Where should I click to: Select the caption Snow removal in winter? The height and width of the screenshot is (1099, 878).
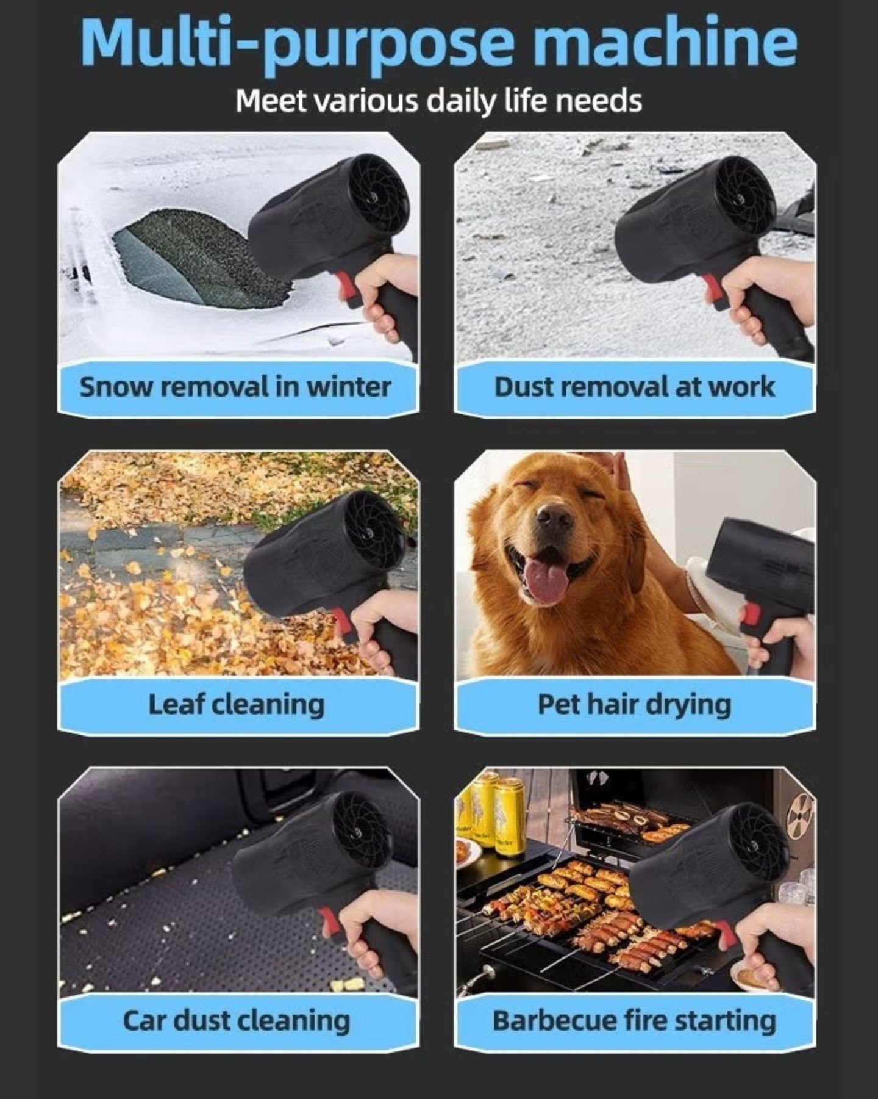pos(235,387)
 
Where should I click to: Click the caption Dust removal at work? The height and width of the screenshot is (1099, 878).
pos(634,387)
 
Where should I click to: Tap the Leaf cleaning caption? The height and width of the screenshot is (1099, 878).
pos(237,705)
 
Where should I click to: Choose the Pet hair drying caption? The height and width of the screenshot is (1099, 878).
pos(634,705)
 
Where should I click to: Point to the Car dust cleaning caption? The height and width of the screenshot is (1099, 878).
pos(237,1020)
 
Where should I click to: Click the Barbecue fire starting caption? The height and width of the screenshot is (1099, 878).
pos(634,1020)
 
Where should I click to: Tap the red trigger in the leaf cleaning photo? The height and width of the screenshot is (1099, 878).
pos(342,624)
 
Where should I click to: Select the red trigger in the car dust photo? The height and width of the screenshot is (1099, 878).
pos(329,923)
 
